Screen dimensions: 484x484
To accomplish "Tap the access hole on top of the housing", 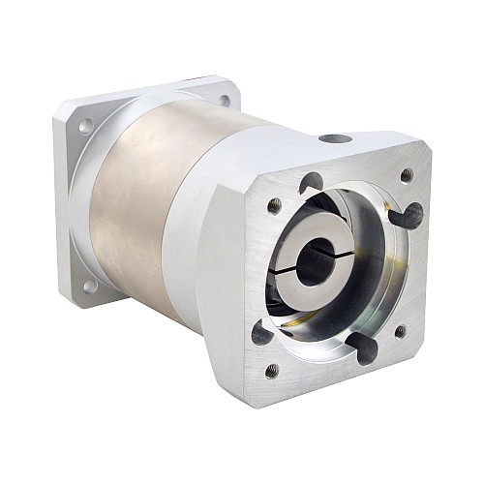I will coord(335,140).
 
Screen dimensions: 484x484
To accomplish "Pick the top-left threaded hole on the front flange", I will coord(275,205).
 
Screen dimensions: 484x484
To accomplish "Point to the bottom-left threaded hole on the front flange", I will coord(272,370).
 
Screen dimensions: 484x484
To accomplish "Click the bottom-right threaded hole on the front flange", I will coord(401,332).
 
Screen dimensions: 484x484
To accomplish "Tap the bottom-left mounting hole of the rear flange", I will coord(88,285).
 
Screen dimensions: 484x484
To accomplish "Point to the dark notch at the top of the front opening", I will coord(312,181).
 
